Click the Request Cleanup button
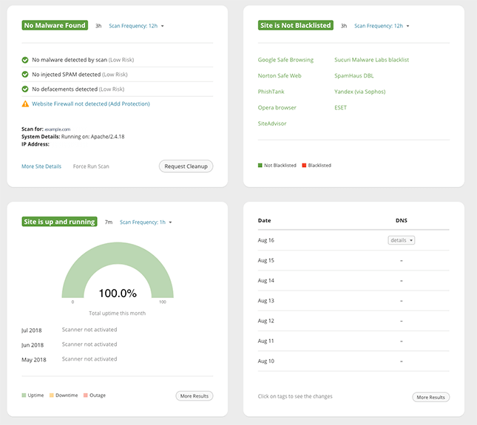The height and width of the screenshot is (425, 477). tap(186, 166)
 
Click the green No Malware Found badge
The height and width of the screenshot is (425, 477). tap(55, 25)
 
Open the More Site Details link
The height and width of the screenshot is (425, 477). tap(41, 166)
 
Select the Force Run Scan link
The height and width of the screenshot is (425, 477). tap(91, 166)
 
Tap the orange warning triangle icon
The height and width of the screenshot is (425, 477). tap(25, 104)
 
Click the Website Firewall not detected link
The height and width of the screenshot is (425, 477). tap(90, 104)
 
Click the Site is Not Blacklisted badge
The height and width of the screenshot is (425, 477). tap(296, 25)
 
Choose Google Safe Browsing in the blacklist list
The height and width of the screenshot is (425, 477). tap(285, 60)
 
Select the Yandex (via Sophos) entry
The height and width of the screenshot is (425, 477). tap(359, 92)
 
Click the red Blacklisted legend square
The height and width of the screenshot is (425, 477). tap(304, 166)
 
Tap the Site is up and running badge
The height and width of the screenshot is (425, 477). tap(60, 222)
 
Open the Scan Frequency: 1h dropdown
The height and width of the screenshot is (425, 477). tap(146, 222)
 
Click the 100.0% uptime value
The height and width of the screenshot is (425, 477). tap(118, 293)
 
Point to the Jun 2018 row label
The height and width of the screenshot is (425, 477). tap(33, 344)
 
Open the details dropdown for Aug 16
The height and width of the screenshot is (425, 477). tap(402, 240)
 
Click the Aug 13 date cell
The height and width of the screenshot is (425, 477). tap(265, 301)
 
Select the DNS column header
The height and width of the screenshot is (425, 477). tap(402, 220)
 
